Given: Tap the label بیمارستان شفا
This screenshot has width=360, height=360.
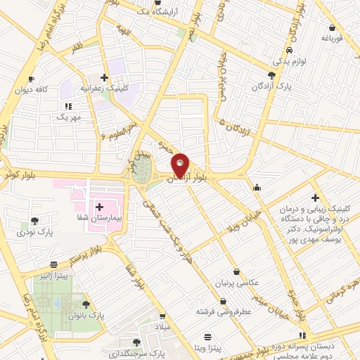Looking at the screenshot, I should point(98,218).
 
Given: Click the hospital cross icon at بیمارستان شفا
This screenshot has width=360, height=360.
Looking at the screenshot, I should point(99,207).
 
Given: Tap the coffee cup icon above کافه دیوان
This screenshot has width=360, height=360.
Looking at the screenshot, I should point(30,79).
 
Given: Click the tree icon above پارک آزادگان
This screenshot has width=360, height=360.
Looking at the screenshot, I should point(272,75).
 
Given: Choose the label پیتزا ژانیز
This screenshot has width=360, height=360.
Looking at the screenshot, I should point(53,276).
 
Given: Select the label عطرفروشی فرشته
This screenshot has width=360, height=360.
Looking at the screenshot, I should point(222,311).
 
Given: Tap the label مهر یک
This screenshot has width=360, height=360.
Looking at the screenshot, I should point(69,116).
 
